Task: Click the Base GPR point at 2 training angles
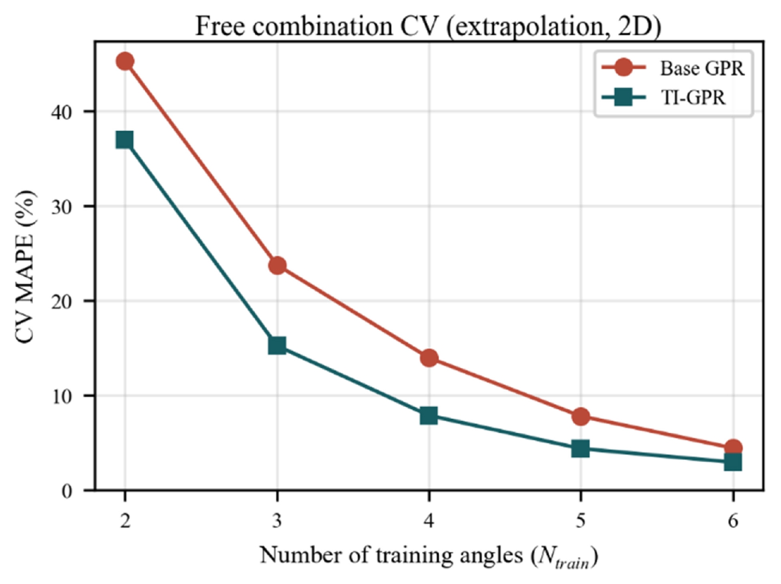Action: coord(125,62)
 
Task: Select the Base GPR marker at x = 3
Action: coord(277,265)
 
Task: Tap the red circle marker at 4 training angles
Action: coord(429,358)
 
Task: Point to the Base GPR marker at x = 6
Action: coord(733,447)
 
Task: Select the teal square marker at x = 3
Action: coord(277,345)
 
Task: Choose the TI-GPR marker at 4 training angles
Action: coord(429,415)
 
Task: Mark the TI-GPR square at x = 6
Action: coord(733,462)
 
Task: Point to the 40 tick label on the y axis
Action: coord(62,112)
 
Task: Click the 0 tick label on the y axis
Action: coord(67,491)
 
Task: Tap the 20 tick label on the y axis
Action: coord(62,301)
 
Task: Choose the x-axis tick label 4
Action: coord(429,521)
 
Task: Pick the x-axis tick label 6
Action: coord(733,521)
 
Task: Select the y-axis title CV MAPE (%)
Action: coord(26,267)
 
